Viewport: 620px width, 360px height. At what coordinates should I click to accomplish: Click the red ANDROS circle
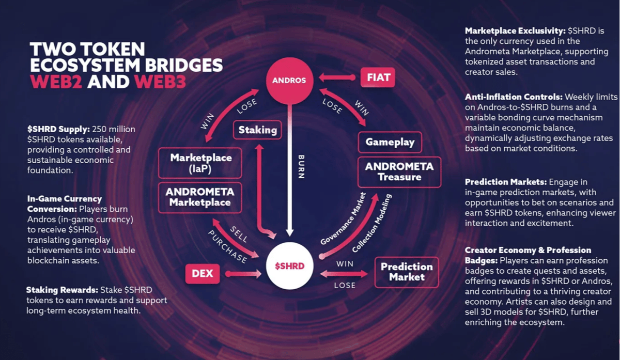(x=289, y=81)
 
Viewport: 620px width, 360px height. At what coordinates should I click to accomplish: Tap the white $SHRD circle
(x=289, y=266)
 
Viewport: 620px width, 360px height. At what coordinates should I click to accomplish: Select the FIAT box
(x=378, y=77)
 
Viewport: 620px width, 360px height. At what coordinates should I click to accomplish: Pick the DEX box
(x=203, y=274)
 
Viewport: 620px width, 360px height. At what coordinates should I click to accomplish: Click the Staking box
(x=257, y=130)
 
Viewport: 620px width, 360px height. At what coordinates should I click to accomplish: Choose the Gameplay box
(x=390, y=142)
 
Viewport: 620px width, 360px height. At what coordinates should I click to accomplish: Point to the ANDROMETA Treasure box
(x=399, y=172)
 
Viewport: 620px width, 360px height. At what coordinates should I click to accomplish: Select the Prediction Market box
(x=407, y=272)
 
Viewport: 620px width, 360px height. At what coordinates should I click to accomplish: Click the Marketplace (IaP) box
(x=200, y=163)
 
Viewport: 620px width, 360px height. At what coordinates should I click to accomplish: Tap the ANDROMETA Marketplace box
(x=200, y=198)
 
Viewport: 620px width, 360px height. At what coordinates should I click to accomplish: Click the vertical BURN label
(x=301, y=167)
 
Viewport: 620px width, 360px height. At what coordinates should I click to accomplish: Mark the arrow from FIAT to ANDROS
(x=337, y=77)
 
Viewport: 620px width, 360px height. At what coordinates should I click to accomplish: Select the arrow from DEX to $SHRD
(x=243, y=274)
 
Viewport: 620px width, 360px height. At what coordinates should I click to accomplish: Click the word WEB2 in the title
(x=56, y=82)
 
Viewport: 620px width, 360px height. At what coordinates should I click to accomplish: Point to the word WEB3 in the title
(x=160, y=82)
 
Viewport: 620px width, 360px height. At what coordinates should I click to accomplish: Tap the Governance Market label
(x=344, y=219)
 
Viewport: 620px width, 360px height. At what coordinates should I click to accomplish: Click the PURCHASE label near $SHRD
(x=227, y=247)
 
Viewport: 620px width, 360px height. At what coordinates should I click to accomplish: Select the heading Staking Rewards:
(x=63, y=290)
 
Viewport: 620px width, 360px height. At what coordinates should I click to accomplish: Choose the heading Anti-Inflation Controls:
(x=514, y=97)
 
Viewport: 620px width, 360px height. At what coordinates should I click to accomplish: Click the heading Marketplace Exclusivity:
(x=515, y=30)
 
